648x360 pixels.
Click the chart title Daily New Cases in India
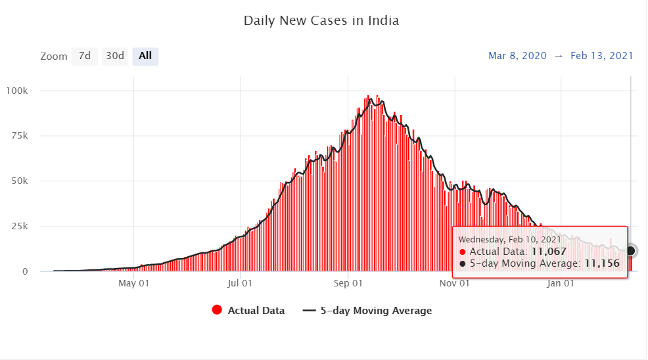pos(321,20)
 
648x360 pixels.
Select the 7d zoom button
pos(85,56)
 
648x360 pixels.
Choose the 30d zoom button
pos(115,56)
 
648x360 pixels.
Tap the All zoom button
pos(145,56)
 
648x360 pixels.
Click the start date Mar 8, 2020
pos(517,56)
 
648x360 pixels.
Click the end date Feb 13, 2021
pos(601,56)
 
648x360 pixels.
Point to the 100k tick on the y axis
pos(25,90)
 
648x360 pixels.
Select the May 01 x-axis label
pos(133,284)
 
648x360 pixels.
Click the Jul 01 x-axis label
pos(240,284)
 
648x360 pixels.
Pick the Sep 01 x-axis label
pos(348,284)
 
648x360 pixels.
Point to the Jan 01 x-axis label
pos(561,284)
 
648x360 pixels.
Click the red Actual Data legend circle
pos(217,311)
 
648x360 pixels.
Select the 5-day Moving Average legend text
pos(376,311)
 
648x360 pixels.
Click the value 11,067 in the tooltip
pos(549,251)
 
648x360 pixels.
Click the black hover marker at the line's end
pos(630,251)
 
